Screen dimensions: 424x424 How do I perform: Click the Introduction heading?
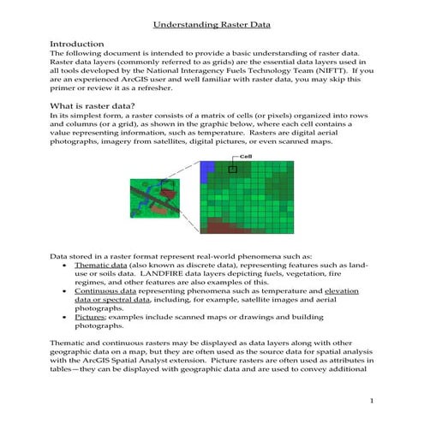pos(80,43)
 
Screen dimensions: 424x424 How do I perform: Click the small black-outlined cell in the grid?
pos(231,170)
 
